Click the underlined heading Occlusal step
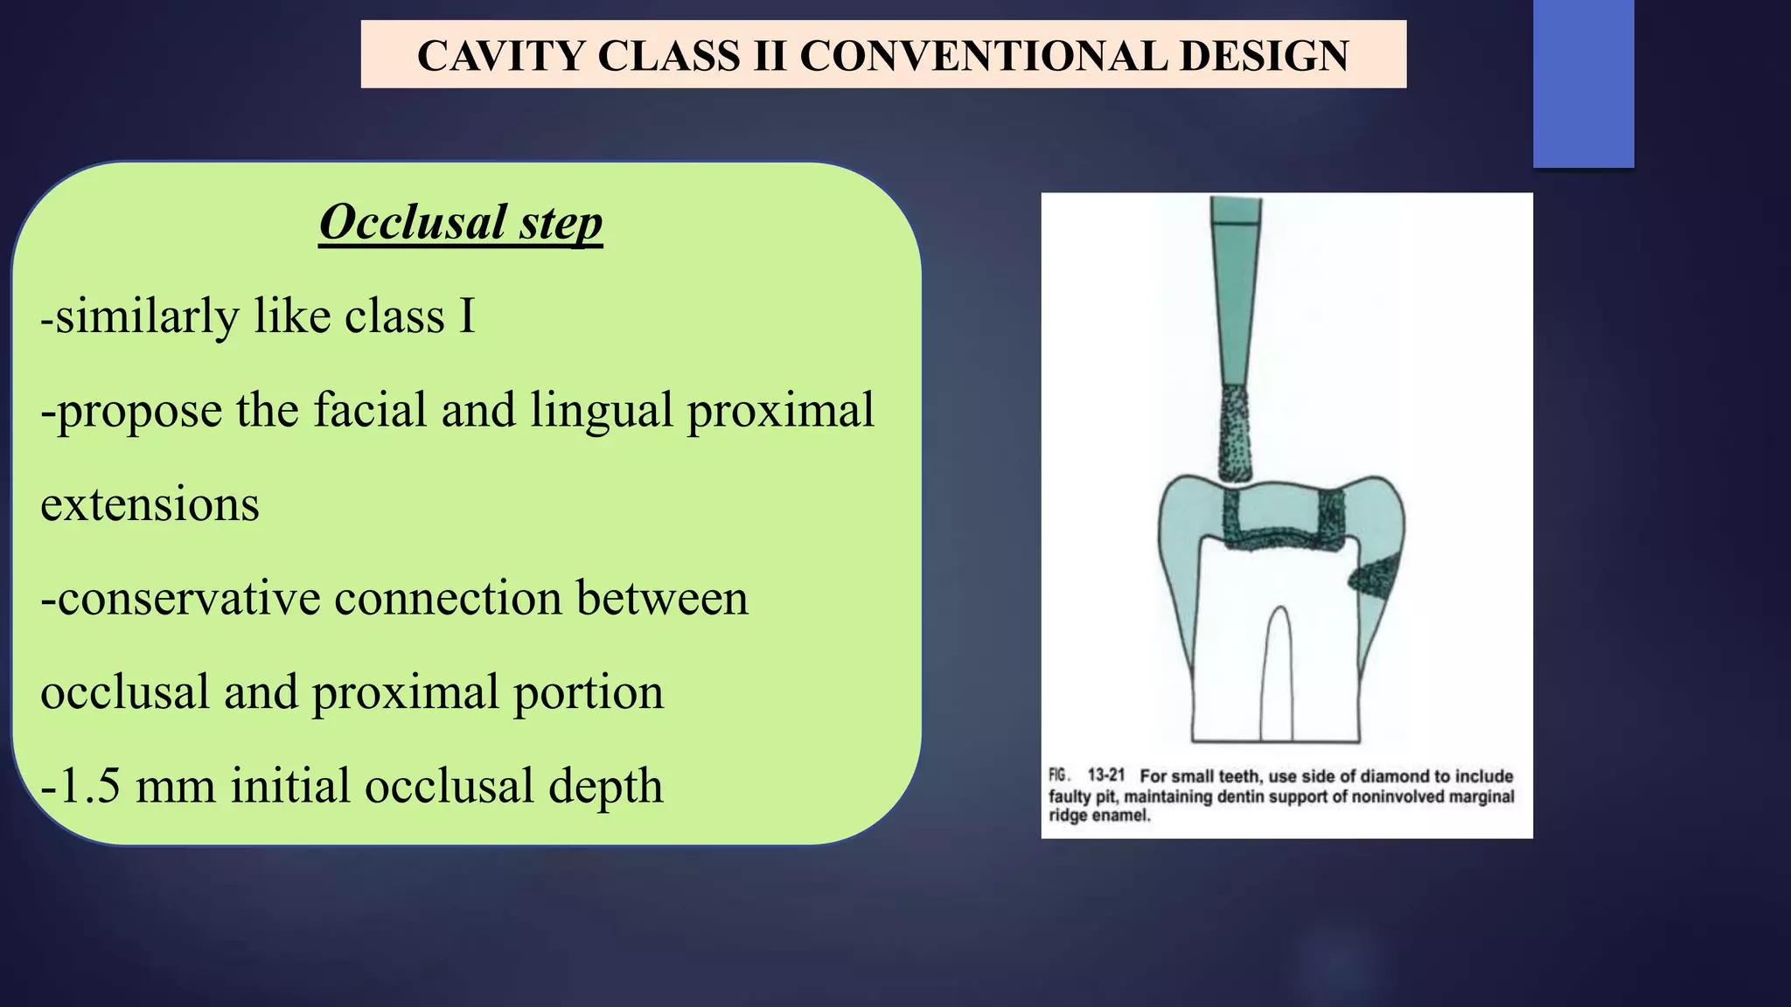coord(461,222)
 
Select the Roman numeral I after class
coord(467,316)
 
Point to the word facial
coord(370,410)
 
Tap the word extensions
coord(150,504)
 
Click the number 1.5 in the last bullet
coord(87,786)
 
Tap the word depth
coord(605,786)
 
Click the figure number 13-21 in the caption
coord(1105,775)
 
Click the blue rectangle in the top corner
coord(1583,83)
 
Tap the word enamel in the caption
coord(1123,816)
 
